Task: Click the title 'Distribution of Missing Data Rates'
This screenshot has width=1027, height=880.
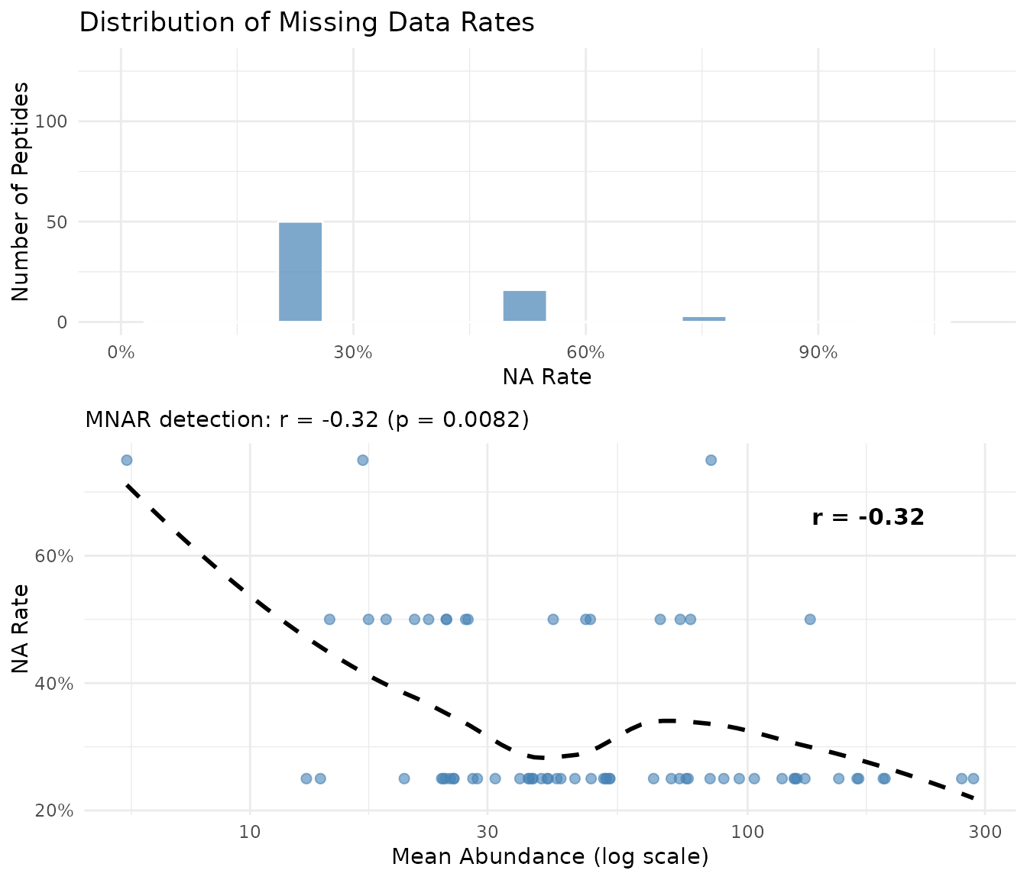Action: (x=306, y=22)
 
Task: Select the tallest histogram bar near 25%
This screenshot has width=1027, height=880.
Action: (x=300, y=271)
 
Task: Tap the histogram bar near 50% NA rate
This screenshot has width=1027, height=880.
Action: (x=524, y=306)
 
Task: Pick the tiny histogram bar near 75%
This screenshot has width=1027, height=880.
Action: (x=704, y=319)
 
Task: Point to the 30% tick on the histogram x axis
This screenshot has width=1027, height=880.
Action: (x=353, y=353)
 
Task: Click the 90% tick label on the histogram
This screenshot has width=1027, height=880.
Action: (x=818, y=353)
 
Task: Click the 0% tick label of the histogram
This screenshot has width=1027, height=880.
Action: (x=121, y=353)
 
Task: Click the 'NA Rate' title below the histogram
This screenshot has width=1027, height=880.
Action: (x=546, y=377)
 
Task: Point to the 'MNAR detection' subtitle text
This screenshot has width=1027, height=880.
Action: (x=307, y=419)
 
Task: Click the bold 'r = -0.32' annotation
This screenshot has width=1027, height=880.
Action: (x=868, y=517)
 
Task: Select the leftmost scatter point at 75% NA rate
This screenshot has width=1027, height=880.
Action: (x=127, y=460)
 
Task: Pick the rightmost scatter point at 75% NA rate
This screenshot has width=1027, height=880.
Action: (x=711, y=460)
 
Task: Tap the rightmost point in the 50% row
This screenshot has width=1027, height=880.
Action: (x=810, y=619)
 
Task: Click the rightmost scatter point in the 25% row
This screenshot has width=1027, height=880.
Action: (x=973, y=778)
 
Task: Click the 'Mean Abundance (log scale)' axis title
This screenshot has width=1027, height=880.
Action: (x=550, y=856)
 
